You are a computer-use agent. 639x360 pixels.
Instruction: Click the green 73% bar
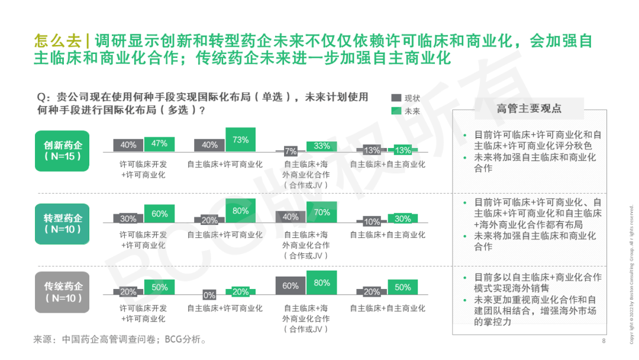tap(240, 140)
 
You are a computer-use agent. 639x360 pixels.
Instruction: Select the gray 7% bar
tap(290, 151)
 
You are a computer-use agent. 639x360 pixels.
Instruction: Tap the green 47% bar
tap(159, 144)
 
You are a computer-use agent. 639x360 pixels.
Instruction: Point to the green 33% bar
tap(321, 147)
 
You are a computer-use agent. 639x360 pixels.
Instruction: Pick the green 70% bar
tap(321, 212)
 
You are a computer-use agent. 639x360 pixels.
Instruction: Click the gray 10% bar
tap(372, 221)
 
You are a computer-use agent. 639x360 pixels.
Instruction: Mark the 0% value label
tap(209, 295)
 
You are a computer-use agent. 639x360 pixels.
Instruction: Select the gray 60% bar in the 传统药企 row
tap(290, 285)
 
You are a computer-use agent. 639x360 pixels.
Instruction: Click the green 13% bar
tap(403, 150)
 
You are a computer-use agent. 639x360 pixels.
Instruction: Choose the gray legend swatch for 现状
tap(396, 98)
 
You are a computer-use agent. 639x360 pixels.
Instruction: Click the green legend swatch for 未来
tap(396, 111)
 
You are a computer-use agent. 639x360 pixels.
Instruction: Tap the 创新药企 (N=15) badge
tap(62, 151)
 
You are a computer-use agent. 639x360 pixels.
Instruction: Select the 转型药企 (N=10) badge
tap(62, 224)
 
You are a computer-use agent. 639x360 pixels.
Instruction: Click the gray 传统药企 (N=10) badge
tap(62, 292)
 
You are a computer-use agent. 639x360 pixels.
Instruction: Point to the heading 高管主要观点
tap(529, 108)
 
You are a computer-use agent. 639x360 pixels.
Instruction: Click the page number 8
tap(603, 341)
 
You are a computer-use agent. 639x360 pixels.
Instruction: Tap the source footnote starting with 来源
tap(120, 339)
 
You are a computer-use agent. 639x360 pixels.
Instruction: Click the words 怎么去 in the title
tap(57, 41)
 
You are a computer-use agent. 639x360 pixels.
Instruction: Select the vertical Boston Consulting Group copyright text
tap(631, 274)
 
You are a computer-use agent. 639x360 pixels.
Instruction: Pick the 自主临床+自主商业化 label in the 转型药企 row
tap(388, 235)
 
